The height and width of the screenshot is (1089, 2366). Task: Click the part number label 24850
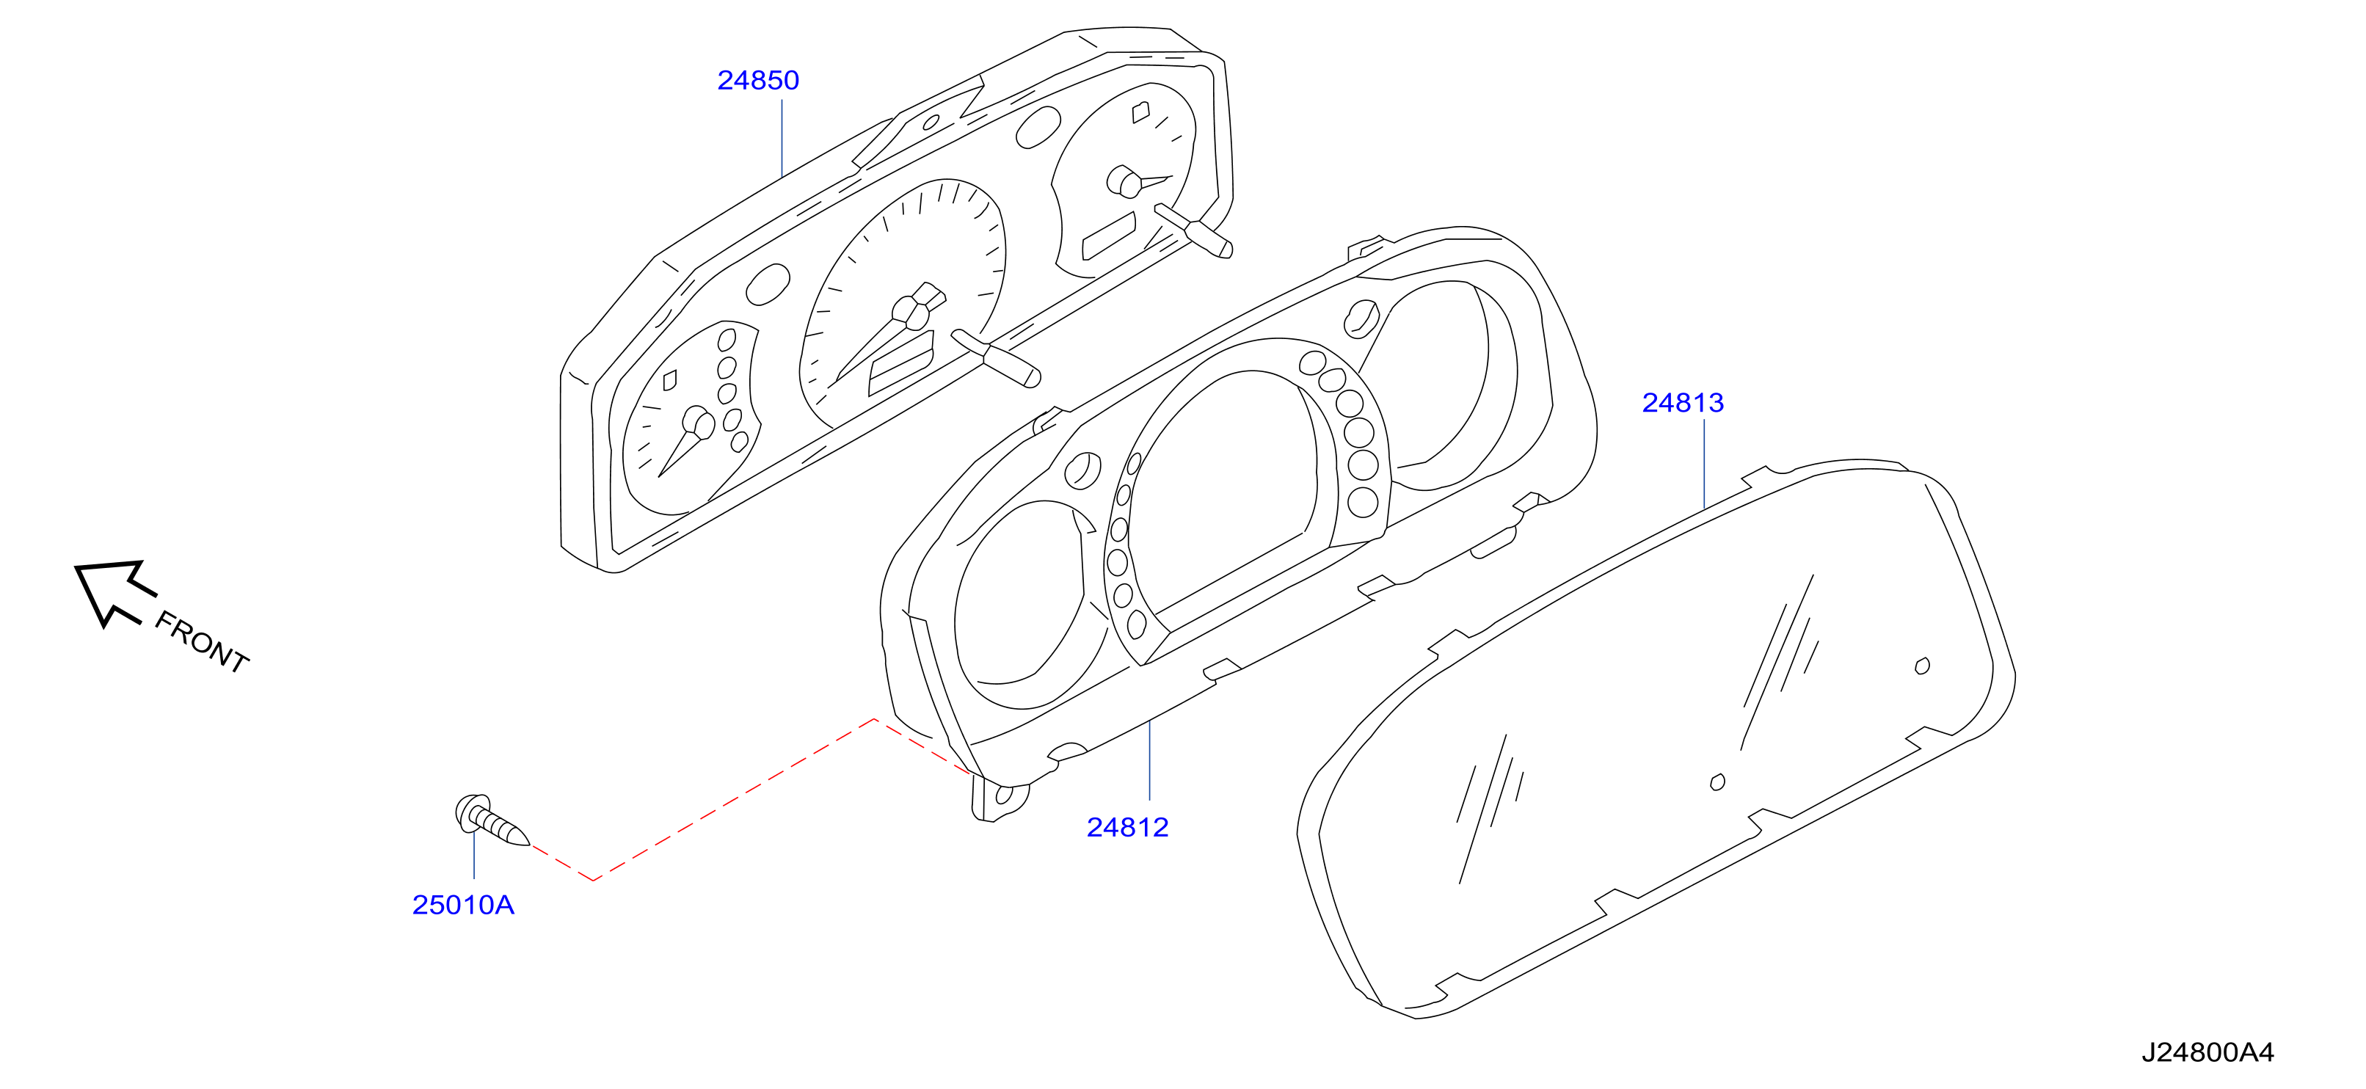[x=758, y=80]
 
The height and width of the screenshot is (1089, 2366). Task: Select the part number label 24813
[x=1683, y=402]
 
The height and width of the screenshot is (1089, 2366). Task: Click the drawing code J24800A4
[x=2208, y=1052]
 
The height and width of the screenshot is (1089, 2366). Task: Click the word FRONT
[x=202, y=642]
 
